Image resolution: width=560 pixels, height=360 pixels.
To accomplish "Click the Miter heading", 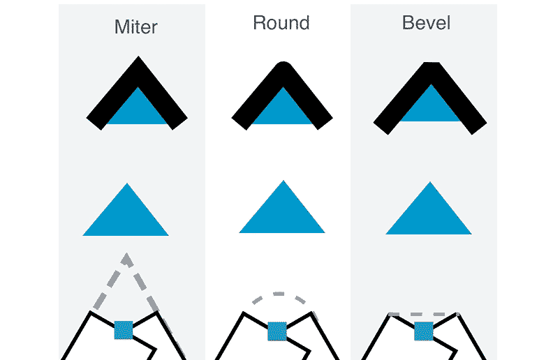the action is tap(136, 27).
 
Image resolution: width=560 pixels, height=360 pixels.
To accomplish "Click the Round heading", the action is tap(281, 23).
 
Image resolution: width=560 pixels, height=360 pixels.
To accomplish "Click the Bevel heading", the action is tap(427, 23).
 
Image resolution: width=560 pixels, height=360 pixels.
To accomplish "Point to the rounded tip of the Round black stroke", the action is tap(282, 66).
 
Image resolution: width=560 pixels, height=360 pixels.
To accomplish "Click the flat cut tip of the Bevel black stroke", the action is tap(431, 65).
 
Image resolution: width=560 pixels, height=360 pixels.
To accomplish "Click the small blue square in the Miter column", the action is tap(124, 329).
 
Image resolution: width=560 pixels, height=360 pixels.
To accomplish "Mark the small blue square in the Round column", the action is tap(277, 331).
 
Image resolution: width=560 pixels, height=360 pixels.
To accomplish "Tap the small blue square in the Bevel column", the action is tap(423, 331).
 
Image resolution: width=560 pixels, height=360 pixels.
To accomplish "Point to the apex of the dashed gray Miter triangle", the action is tap(126, 257).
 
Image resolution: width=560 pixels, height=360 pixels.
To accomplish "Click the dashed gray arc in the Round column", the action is tap(279, 294).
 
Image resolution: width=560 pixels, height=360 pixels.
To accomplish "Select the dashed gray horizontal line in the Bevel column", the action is tap(423, 314).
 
